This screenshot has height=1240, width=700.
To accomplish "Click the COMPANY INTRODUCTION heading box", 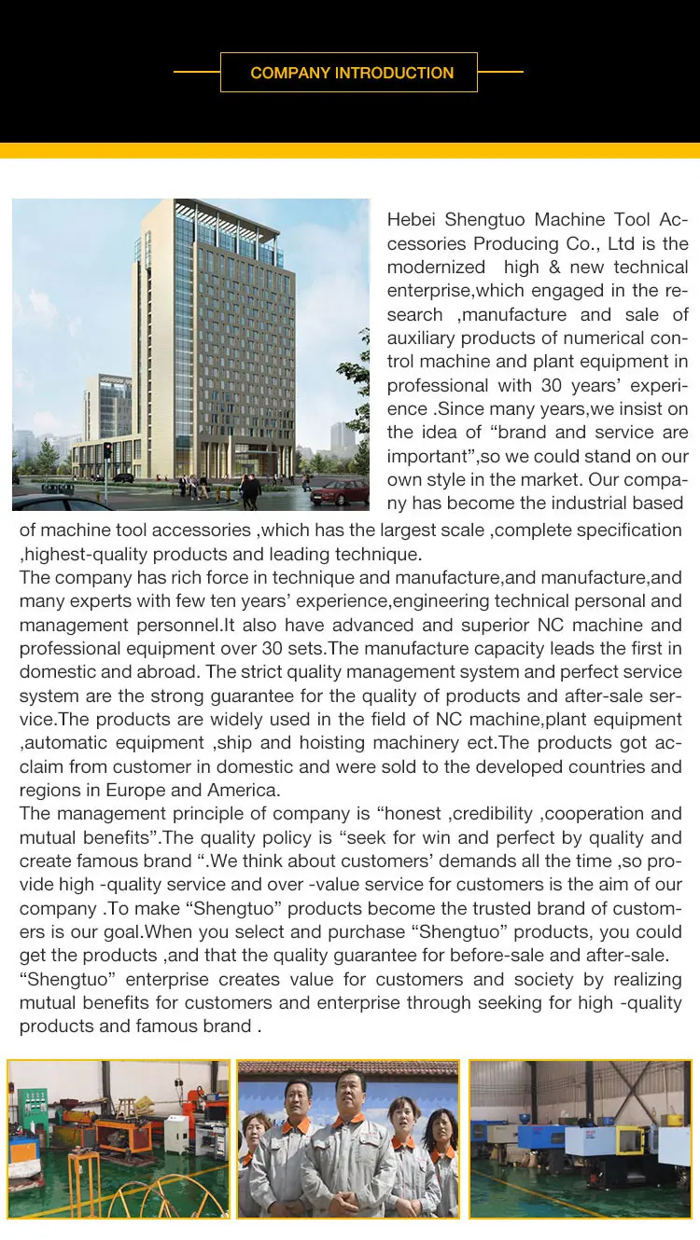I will [x=349, y=73].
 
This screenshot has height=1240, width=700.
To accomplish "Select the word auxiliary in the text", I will [x=421, y=338].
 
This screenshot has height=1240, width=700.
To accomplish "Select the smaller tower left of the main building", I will [x=107, y=410].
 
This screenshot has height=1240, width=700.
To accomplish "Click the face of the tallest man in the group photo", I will [x=351, y=1090].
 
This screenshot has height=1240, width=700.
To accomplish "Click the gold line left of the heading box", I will [x=196, y=72].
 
